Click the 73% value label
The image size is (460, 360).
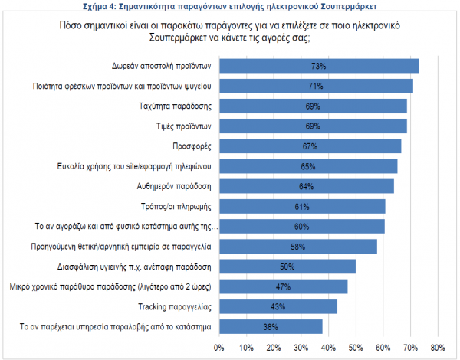click(319, 66)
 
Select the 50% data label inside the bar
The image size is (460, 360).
click(287, 267)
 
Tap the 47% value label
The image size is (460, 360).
click(283, 287)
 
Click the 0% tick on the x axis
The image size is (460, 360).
click(220, 349)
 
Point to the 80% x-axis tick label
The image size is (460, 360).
click(438, 349)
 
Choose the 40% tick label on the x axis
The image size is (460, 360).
click(329, 349)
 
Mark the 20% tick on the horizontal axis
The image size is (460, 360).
click(274, 349)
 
